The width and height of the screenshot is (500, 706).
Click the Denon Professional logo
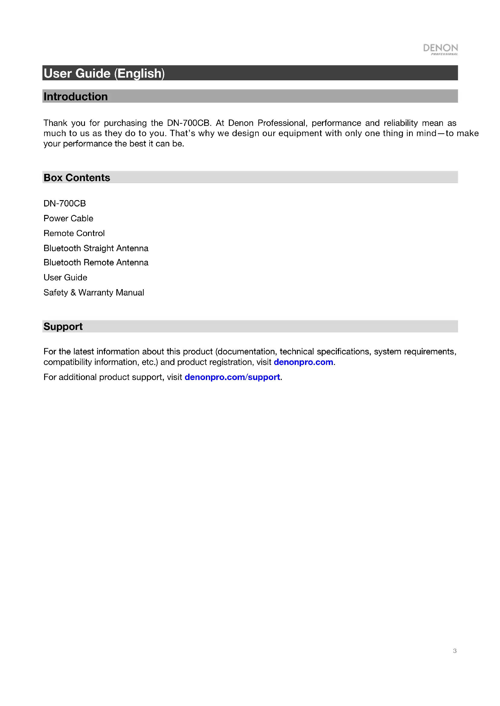tap(440, 49)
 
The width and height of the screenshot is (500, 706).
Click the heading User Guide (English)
tap(104, 73)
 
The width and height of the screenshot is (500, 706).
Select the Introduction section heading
tap(76, 97)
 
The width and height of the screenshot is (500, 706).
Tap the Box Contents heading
tap(77, 178)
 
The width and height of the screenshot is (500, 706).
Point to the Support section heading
tap(63, 327)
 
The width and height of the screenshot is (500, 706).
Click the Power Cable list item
tap(68, 218)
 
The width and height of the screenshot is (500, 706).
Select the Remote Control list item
tap(74, 233)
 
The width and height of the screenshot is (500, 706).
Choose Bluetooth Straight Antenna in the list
tap(96, 248)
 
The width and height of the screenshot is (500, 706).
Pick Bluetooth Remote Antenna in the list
tap(96, 263)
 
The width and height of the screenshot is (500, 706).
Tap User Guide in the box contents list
tap(66, 278)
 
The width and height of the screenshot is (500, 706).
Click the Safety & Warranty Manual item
tap(94, 292)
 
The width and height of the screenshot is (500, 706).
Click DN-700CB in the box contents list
tap(65, 203)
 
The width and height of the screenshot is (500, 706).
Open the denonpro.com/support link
tap(232, 377)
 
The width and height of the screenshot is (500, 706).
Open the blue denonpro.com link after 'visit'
tap(303, 362)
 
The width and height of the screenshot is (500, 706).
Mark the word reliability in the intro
tap(401, 123)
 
